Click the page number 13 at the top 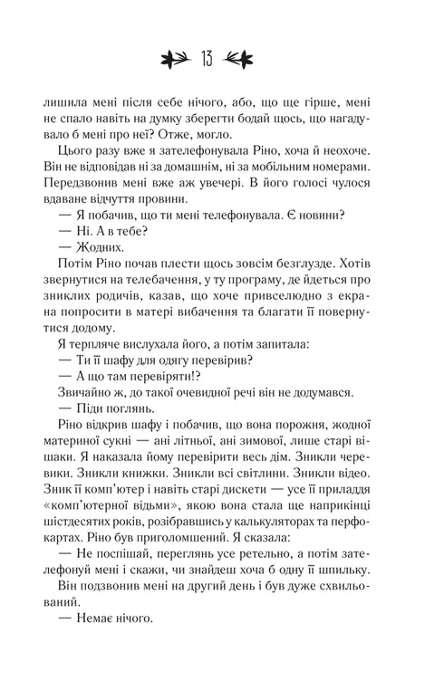[221, 59]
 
